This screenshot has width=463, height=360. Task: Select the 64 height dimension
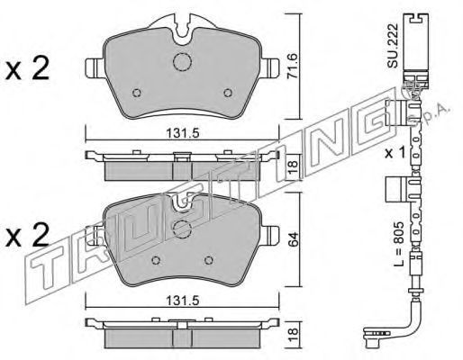293,238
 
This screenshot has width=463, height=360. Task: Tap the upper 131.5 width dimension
183,133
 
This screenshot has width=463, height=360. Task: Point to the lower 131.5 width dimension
183,301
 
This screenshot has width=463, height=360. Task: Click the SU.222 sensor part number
393,45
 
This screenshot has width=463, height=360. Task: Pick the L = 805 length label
399,244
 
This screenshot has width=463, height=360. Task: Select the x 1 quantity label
395,154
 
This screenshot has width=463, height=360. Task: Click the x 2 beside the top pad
27,69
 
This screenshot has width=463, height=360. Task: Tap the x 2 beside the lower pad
27,236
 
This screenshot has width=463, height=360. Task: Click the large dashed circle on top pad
182,62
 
